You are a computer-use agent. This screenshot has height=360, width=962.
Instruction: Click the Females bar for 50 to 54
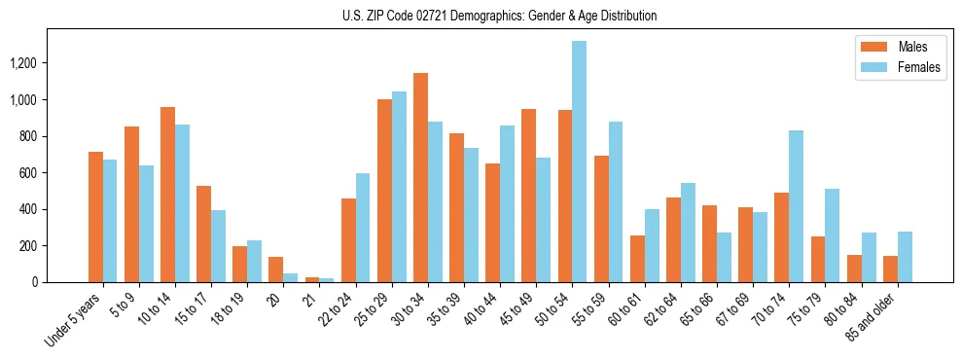579,162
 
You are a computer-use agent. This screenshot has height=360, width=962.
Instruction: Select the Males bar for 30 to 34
420,177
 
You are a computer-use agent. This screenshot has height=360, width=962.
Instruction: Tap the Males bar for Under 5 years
95,217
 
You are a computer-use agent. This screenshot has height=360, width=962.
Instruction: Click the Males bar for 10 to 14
167,195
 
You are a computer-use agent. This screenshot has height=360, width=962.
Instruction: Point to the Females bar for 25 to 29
399,187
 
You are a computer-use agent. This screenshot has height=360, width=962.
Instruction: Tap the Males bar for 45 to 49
528,196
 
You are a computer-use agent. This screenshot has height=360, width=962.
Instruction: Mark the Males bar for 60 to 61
637,259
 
